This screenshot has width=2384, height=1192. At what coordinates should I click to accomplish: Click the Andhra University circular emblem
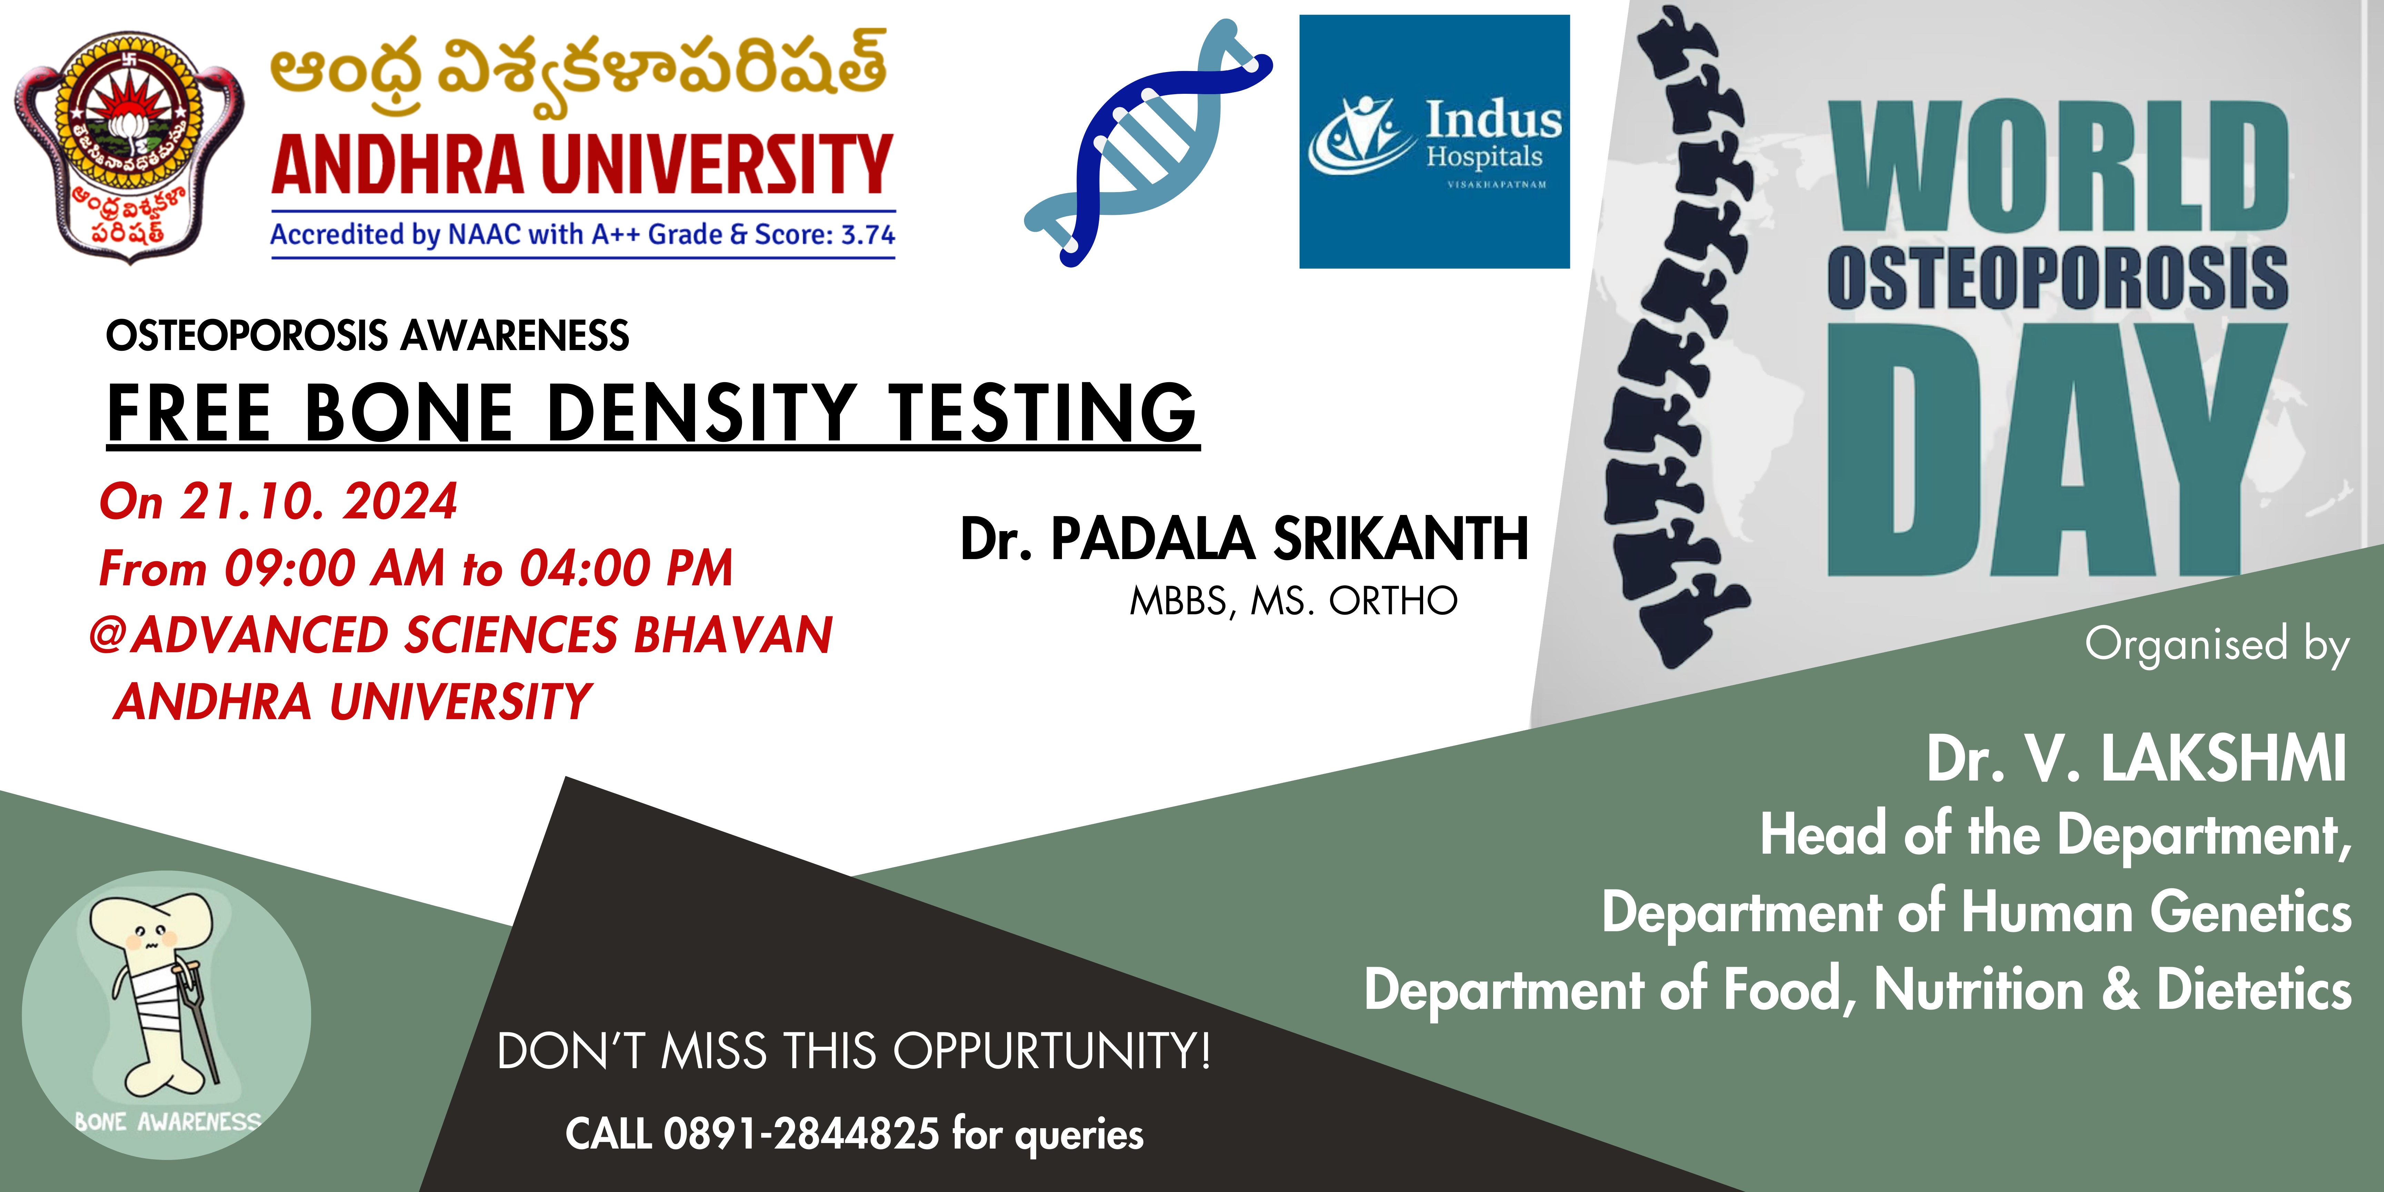pos(130,146)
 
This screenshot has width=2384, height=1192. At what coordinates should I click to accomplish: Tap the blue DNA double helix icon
pos(1148,143)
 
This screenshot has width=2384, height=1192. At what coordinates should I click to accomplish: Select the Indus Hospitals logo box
pos(1434,142)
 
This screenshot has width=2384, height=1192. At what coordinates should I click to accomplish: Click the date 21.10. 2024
pos(318,501)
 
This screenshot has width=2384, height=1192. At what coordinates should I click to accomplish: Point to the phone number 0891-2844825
pos(802,1134)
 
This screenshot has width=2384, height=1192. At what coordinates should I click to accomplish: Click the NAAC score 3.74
pos(868,234)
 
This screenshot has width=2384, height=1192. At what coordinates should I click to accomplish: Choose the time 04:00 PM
pos(626,568)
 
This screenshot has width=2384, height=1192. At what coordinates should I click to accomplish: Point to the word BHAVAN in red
pos(733,635)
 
